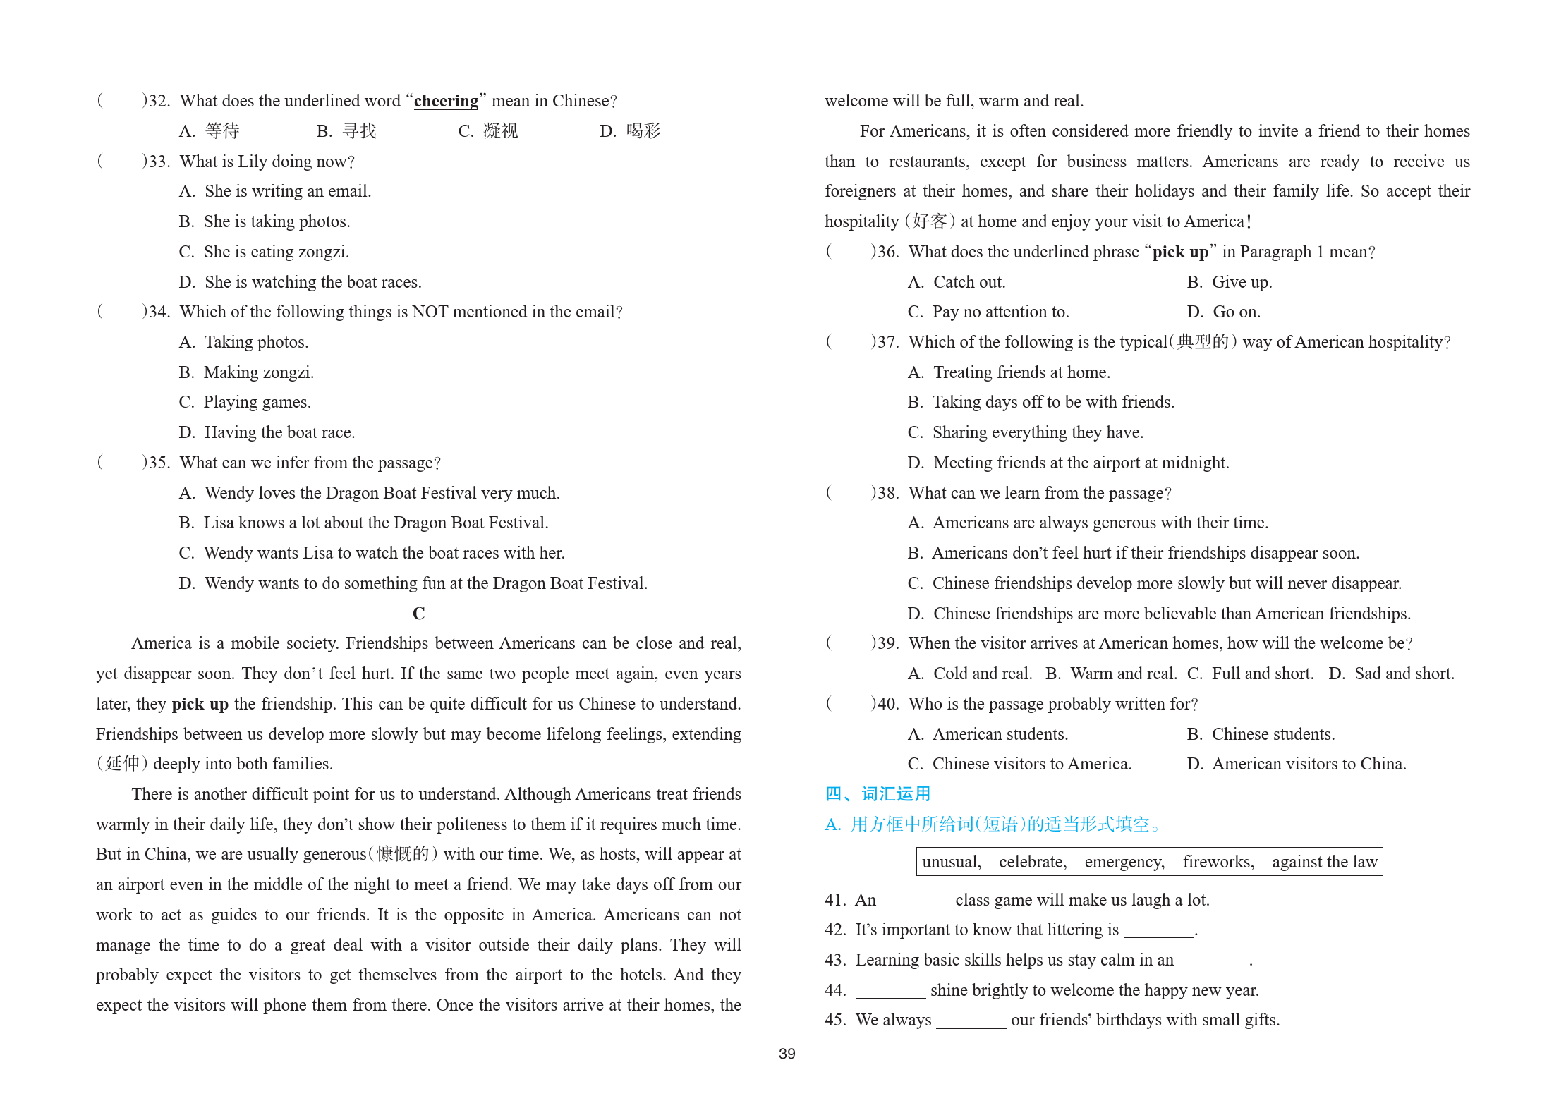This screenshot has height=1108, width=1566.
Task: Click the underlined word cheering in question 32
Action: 446,102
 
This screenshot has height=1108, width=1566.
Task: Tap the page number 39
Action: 787,1054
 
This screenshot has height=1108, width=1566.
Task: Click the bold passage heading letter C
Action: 418,614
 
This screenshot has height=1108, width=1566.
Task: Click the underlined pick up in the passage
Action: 200,705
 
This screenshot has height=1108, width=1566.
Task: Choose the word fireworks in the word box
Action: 1218,862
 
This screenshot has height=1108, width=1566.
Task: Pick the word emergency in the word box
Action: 1124,862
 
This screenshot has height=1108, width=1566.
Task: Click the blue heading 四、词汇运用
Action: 878,794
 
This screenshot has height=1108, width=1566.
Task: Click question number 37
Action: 886,343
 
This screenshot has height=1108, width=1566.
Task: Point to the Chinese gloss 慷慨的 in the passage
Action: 403,855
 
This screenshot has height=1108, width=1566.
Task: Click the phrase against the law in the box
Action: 1324,862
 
